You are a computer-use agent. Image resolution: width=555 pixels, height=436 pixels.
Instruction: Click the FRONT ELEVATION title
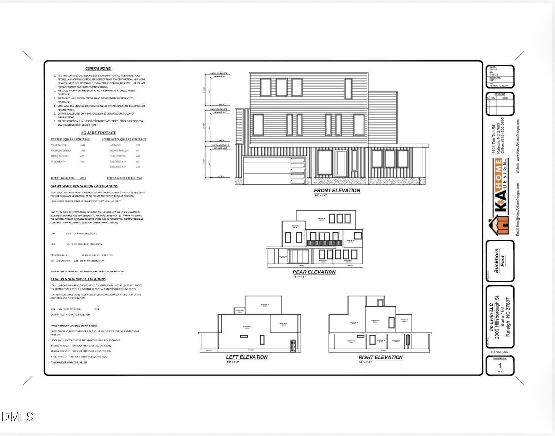click(337, 190)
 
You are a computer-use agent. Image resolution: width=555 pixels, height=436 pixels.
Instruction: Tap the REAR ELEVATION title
click(314, 272)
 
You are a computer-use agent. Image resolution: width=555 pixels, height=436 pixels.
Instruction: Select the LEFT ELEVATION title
click(247, 357)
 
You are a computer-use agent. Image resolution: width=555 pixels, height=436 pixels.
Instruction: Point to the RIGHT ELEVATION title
click(380, 357)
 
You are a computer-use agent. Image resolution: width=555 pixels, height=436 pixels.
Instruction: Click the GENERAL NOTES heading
click(98, 69)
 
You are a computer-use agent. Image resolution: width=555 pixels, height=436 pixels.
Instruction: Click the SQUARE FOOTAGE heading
click(98, 133)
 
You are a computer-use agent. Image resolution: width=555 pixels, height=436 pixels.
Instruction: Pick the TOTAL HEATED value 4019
click(83, 178)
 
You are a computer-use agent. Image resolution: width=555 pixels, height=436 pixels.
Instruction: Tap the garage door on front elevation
click(274, 170)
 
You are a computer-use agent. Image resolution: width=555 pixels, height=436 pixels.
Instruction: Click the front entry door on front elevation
click(341, 164)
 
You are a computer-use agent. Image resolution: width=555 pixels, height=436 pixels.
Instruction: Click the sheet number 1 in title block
click(500, 366)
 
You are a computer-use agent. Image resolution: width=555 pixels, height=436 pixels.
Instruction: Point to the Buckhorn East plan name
click(499, 261)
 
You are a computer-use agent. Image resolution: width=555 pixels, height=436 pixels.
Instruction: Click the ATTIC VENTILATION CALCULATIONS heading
click(78, 279)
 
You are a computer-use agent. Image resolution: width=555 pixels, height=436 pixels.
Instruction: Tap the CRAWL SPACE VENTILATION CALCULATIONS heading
click(84, 186)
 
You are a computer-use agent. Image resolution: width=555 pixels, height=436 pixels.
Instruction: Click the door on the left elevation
click(293, 345)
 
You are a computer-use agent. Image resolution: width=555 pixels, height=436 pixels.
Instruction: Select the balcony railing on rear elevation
click(324, 243)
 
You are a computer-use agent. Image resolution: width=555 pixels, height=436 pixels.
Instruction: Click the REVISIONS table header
click(500, 94)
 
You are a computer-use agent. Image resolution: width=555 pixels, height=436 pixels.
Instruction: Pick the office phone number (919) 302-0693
click(502, 135)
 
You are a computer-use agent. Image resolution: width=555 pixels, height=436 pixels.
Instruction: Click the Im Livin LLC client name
click(491, 317)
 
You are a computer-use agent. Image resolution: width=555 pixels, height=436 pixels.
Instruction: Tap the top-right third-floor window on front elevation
click(348, 88)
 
